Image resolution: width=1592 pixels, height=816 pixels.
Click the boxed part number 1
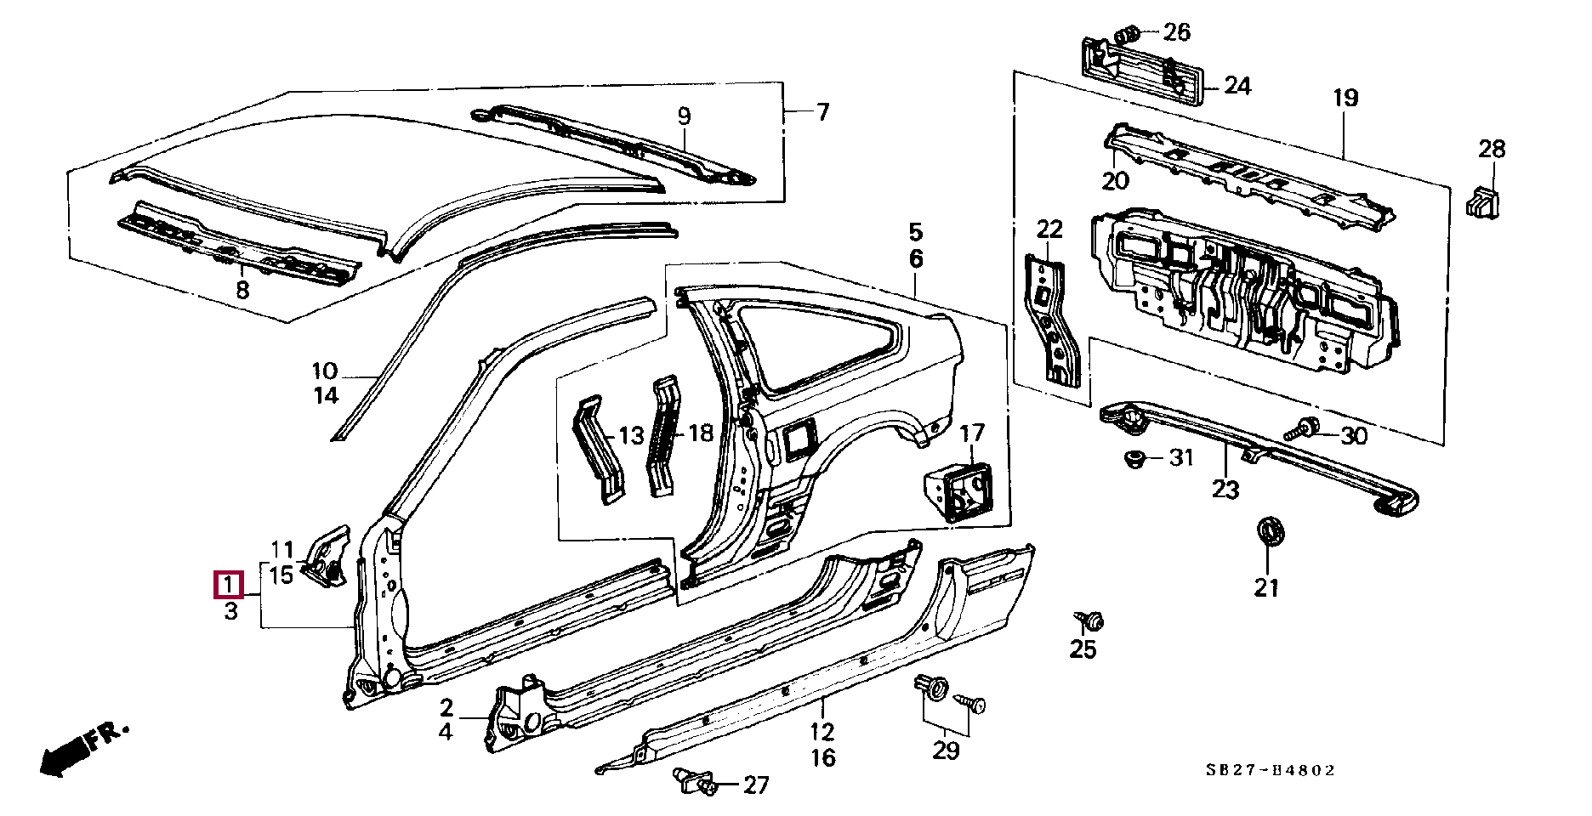[229, 585]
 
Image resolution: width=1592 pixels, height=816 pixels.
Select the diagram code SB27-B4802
[1271, 770]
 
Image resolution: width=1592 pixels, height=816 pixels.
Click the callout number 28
[1492, 150]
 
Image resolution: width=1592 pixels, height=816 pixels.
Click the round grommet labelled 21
[1270, 532]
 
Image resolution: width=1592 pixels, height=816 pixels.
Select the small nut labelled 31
[1133, 459]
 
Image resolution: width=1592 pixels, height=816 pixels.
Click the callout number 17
[972, 434]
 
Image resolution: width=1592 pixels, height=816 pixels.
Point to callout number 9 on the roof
[684, 116]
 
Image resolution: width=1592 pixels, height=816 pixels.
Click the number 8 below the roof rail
[242, 291]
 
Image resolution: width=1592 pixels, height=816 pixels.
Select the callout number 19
[1345, 99]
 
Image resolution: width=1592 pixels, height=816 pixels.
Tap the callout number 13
[631, 436]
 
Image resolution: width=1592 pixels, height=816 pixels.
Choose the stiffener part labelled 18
[663, 435]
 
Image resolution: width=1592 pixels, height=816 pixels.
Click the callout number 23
[1225, 490]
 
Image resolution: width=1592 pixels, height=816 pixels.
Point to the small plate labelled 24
[1144, 71]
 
